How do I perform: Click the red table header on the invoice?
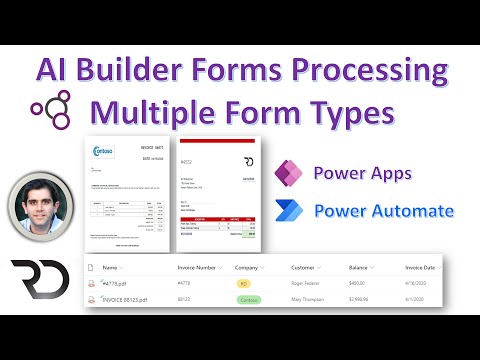(219, 216)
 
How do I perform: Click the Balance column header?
(360, 267)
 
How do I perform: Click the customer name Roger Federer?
(311, 284)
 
